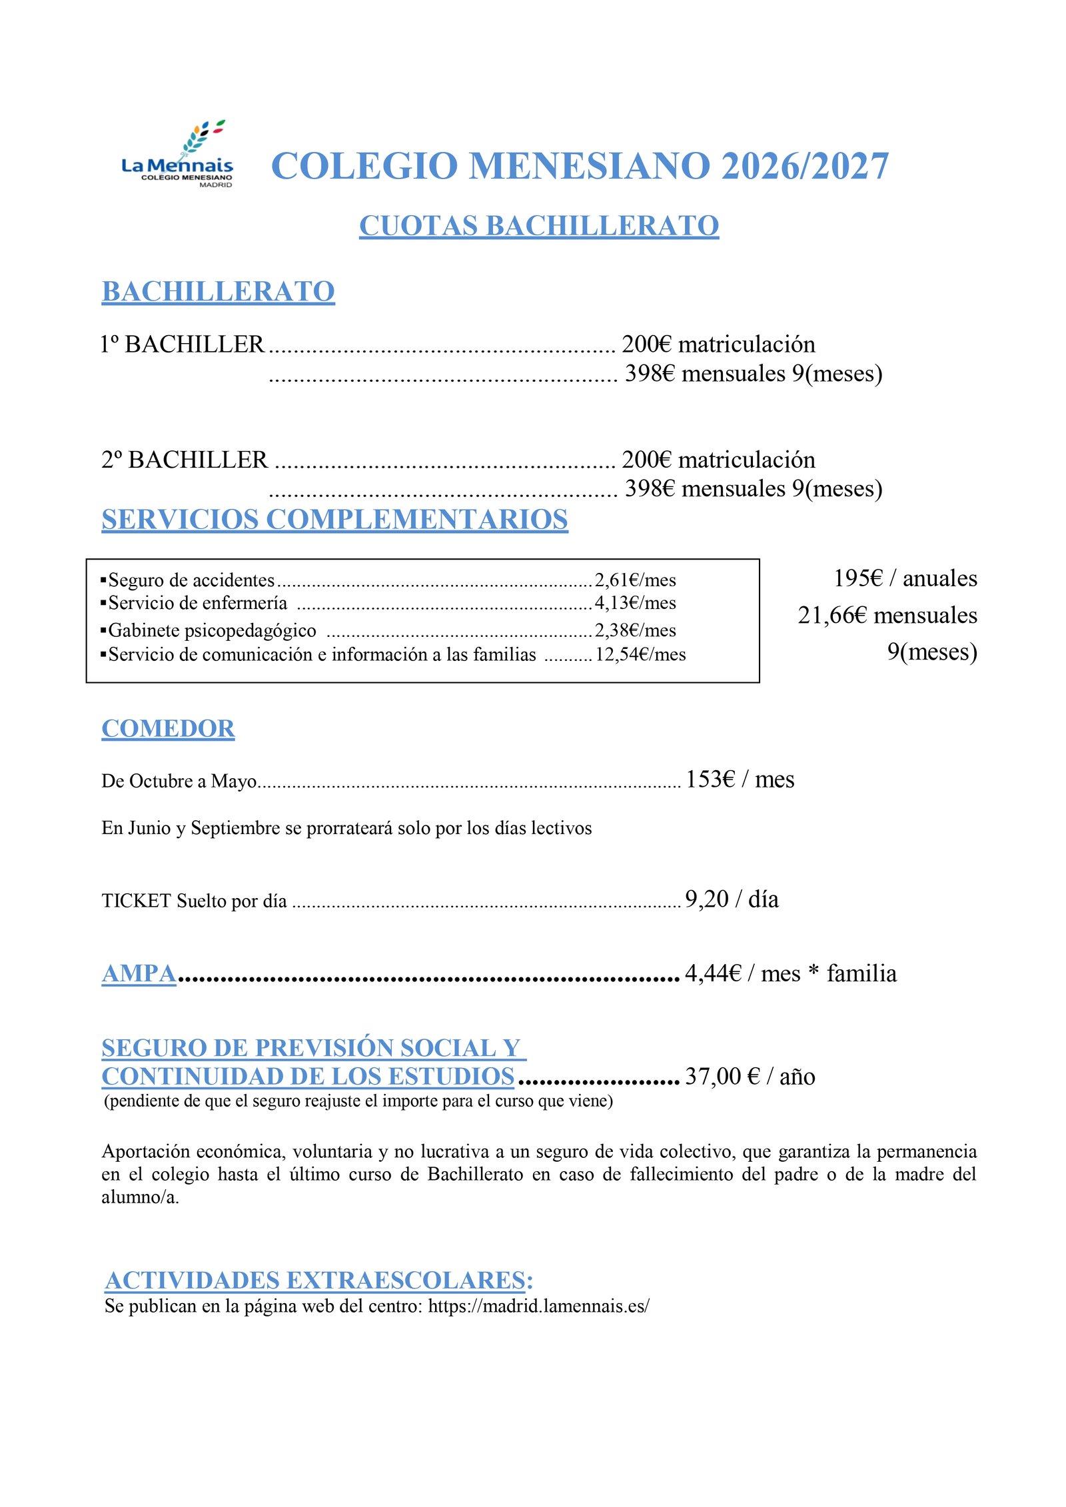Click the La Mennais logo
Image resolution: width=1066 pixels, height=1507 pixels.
tap(177, 155)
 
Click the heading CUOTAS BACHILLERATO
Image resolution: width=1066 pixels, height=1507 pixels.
tap(538, 226)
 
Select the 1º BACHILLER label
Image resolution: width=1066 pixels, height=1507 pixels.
tap(183, 344)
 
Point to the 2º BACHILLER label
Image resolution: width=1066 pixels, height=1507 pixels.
tap(185, 460)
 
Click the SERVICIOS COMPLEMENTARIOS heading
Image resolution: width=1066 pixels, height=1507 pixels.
tap(334, 520)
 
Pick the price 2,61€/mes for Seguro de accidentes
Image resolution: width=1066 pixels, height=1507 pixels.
tap(635, 580)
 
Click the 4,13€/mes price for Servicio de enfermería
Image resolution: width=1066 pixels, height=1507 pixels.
tap(635, 603)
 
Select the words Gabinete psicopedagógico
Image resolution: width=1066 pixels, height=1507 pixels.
tap(212, 630)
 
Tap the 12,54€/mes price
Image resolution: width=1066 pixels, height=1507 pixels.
tap(640, 654)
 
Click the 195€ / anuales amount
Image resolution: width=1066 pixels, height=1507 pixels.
tap(905, 578)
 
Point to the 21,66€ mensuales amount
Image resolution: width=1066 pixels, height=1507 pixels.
tap(887, 615)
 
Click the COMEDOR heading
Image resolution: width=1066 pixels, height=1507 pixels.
tap(168, 729)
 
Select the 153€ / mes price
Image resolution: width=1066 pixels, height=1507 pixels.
tap(740, 779)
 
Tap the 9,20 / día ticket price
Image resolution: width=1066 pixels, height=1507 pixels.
tap(732, 899)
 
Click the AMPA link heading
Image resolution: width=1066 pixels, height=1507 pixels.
tap(139, 973)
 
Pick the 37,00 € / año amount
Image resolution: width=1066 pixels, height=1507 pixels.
tap(750, 1076)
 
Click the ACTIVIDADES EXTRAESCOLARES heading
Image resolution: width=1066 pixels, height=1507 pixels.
tap(319, 1280)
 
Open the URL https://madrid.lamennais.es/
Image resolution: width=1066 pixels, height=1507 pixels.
tap(538, 1306)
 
